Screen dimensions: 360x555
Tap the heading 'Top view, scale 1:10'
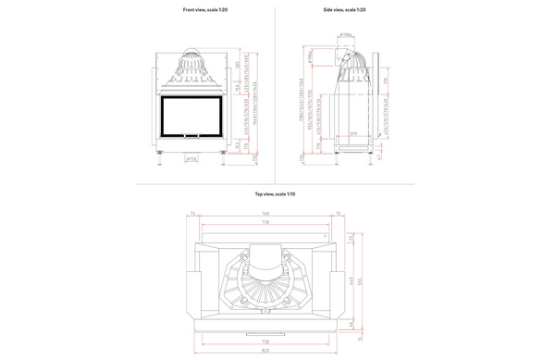click(275, 194)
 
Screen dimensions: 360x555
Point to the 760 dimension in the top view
click(265, 215)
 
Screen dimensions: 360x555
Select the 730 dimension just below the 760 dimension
click(265, 223)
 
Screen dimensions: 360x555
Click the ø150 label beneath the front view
click(192, 159)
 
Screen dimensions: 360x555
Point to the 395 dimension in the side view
click(353, 135)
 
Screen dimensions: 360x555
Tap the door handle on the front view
click(192, 140)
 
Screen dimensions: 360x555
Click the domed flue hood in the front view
click(192, 63)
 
